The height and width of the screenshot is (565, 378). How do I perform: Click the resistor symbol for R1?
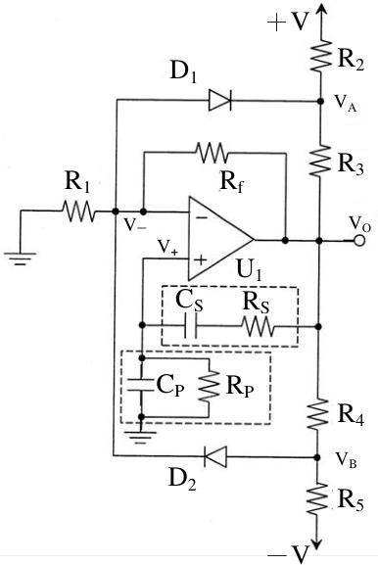[78, 212]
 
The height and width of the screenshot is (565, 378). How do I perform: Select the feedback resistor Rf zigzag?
[212, 153]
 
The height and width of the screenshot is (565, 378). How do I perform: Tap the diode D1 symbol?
[220, 100]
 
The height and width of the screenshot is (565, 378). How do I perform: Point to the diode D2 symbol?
[215, 456]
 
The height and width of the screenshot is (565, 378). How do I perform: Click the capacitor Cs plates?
[190, 326]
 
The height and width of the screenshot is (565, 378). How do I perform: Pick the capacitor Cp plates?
[142, 385]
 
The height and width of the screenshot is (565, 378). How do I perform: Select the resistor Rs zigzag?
[258, 326]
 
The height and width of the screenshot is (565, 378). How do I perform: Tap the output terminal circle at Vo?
[358, 240]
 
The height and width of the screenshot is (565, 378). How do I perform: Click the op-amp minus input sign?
[202, 217]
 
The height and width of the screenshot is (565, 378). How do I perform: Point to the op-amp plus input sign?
[201, 259]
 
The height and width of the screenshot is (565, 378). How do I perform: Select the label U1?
[249, 269]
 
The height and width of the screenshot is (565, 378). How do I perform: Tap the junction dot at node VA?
[320, 101]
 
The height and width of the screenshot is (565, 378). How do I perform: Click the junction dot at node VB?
[317, 457]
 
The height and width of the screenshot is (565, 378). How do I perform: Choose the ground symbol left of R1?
[21, 258]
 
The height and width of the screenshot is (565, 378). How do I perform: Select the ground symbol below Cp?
[142, 437]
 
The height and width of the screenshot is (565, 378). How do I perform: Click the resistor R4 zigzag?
[318, 413]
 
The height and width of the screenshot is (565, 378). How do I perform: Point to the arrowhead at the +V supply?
[320, 10]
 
